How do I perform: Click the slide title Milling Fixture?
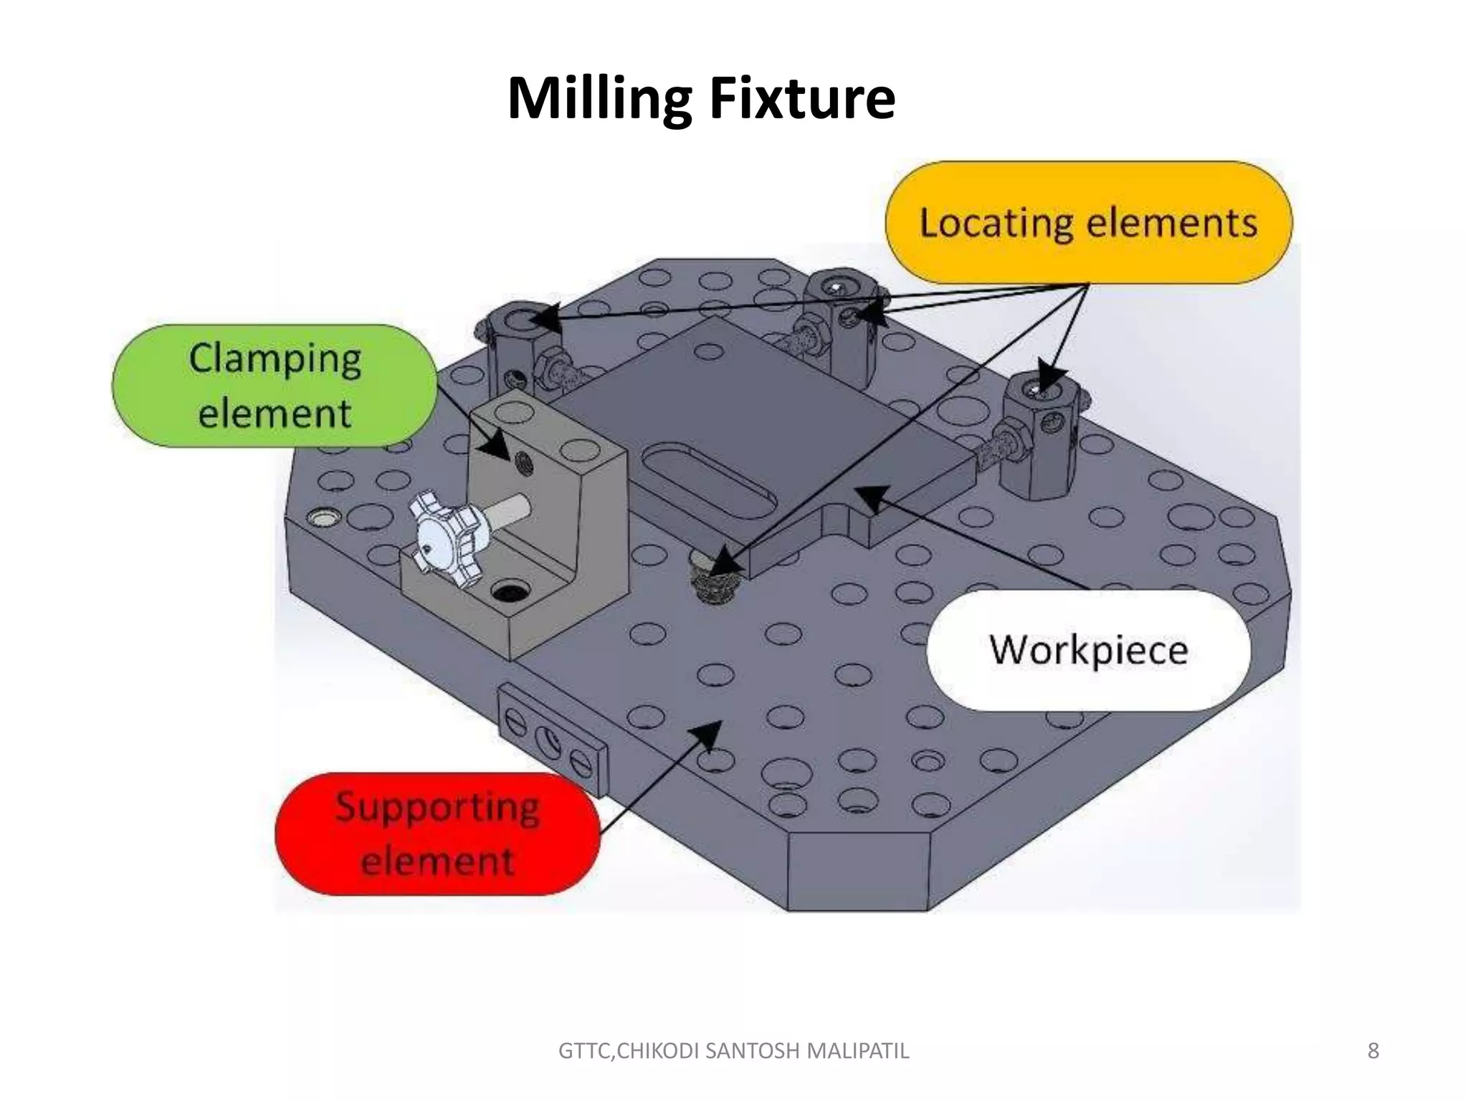tap(700, 98)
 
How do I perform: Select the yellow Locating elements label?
tap(1088, 222)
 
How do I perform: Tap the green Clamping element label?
tap(275, 386)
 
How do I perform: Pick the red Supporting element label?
tap(437, 834)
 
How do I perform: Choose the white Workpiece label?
tap(1088, 649)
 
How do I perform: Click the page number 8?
tap(1373, 1051)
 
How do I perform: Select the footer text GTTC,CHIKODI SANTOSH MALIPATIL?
tap(733, 1051)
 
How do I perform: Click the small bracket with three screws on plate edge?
tap(552, 738)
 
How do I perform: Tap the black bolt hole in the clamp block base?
tap(509, 592)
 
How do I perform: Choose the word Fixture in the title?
tap(802, 98)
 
